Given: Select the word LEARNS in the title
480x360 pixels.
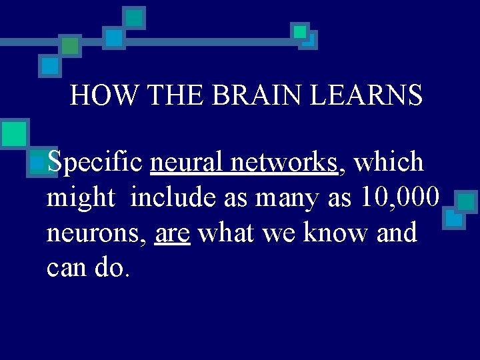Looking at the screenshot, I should pyautogui.click(x=367, y=95).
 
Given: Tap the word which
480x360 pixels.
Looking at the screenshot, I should pyautogui.click(x=389, y=162).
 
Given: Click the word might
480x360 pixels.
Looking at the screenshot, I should pyautogui.click(x=81, y=198).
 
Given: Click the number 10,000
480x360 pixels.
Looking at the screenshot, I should pyautogui.click(x=399, y=197).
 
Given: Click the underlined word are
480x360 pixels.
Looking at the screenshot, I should pyautogui.click(x=172, y=233).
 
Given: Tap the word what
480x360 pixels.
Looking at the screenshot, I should pyautogui.click(x=227, y=233).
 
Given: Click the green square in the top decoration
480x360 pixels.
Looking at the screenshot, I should pyautogui.click(x=70, y=46).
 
